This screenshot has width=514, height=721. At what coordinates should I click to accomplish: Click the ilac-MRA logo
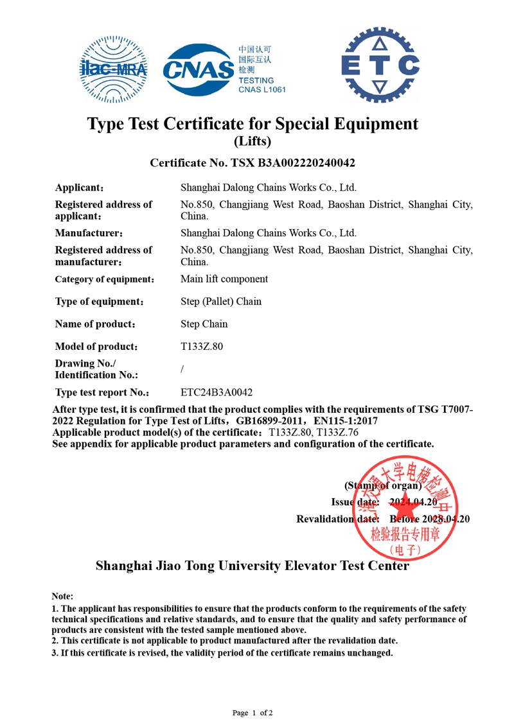113,69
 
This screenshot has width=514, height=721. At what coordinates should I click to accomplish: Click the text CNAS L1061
261,89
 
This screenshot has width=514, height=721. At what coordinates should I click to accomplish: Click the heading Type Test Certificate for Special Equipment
253,123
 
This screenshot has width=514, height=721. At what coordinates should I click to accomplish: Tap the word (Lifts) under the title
253,141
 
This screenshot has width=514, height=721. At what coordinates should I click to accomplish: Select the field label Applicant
79,188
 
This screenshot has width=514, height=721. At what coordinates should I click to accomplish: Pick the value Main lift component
224,279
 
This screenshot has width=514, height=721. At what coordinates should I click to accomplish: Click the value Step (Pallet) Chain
221,301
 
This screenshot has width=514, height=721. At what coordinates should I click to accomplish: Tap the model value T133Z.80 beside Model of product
202,347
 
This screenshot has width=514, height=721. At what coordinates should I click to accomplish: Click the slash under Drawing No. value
182,369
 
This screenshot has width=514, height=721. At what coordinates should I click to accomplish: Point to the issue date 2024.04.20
413,502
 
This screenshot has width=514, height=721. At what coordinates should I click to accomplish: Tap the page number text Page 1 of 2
253,713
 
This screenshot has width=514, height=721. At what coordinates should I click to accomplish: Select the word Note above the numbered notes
62,596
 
